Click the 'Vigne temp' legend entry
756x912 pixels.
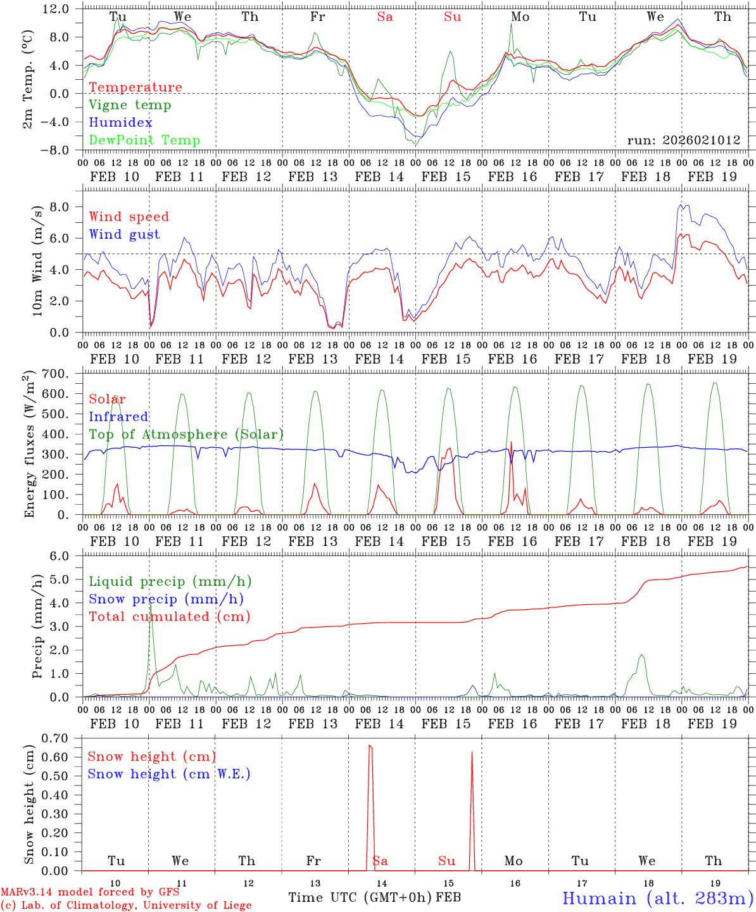coord(130,105)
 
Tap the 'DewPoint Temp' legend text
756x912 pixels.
coord(144,141)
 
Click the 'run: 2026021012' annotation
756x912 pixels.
coord(683,141)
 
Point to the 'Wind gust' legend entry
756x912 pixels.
coord(124,234)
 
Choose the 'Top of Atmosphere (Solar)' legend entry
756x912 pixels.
coord(186,434)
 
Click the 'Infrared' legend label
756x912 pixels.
coord(118,417)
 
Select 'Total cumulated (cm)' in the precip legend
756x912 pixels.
coord(170,617)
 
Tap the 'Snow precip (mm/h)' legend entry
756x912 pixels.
coord(167,599)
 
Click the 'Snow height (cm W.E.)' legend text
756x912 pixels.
coord(169,774)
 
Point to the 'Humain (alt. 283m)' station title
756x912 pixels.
coord(658,898)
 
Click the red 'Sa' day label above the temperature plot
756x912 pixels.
coord(385,17)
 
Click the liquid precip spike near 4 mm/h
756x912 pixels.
coord(151,605)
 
